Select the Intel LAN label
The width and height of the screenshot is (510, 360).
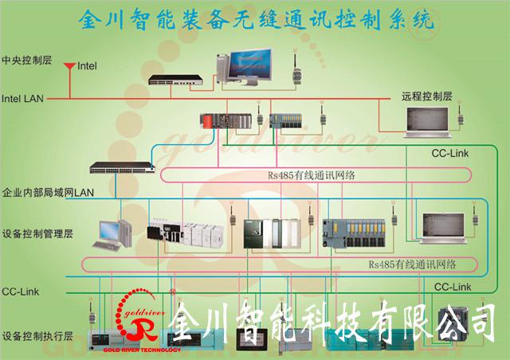[23, 99]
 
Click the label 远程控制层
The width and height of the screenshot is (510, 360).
[426, 96]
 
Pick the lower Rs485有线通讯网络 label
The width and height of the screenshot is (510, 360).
[411, 264]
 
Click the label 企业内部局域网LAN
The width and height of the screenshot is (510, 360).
[49, 193]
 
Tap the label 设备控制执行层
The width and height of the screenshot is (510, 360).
[37, 336]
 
